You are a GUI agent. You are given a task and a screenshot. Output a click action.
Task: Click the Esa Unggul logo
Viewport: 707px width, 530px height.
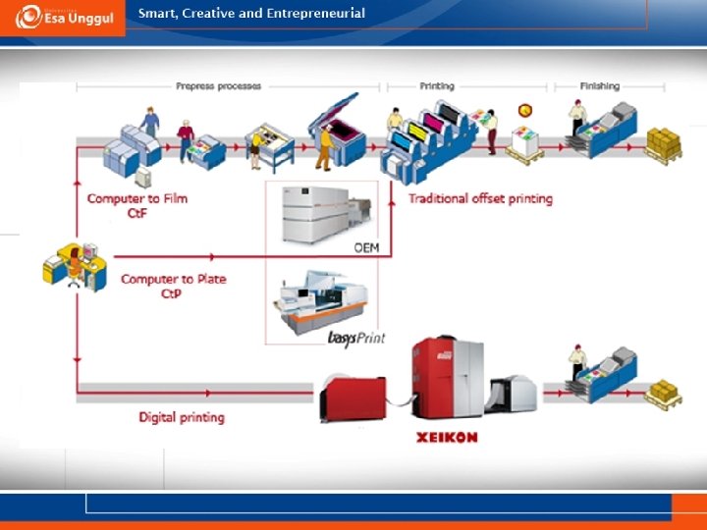click(63, 17)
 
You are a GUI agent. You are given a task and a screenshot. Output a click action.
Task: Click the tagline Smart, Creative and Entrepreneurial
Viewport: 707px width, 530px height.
click(251, 14)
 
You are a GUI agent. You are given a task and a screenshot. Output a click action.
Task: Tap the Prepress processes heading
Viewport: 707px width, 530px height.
click(219, 86)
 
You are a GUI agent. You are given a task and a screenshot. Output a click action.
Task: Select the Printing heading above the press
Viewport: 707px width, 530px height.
click(437, 86)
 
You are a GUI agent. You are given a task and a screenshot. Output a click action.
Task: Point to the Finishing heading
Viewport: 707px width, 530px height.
click(599, 86)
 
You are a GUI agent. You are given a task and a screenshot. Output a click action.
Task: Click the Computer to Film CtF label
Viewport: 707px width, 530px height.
click(137, 205)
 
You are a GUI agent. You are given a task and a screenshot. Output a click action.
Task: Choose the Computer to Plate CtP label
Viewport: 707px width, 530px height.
click(173, 286)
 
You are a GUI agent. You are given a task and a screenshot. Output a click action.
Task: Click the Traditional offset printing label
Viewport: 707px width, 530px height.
click(480, 199)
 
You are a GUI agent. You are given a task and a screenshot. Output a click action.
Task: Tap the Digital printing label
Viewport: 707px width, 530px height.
click(182, 417)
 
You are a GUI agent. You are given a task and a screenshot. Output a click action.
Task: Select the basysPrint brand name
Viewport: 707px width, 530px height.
click(355, 338)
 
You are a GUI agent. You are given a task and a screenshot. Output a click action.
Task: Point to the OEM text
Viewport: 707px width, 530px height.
click(366, 248)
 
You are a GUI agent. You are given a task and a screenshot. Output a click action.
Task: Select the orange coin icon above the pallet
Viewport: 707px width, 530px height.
click(524, 111)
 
